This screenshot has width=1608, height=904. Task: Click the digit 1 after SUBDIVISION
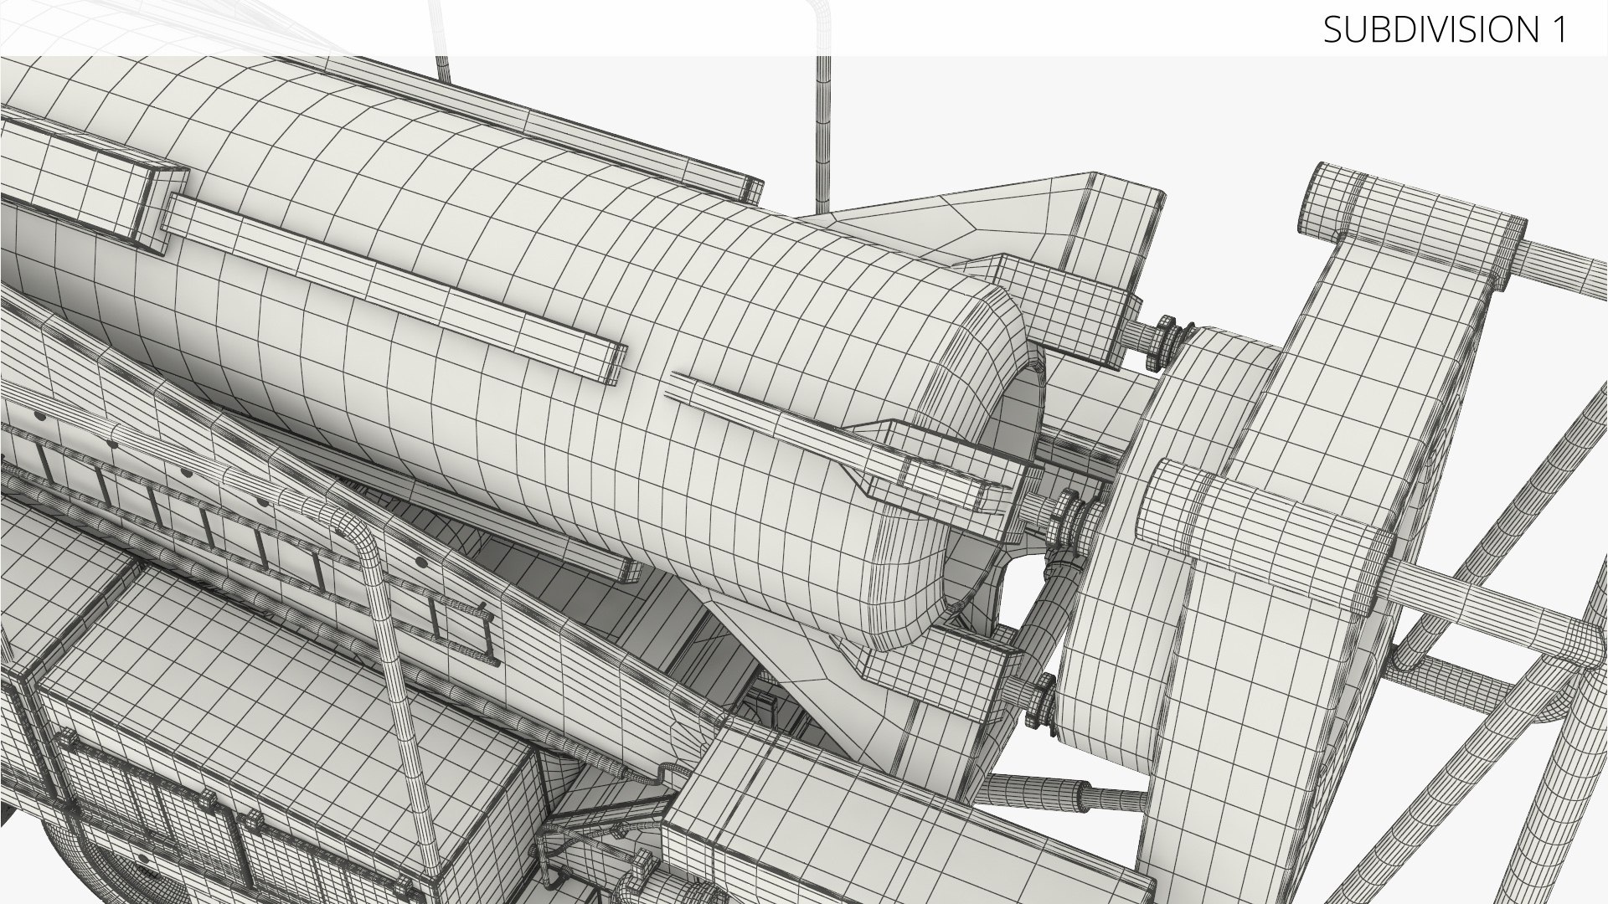click(x=1557, y=30)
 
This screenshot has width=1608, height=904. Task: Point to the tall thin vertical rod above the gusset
click(x=824, y=134)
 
